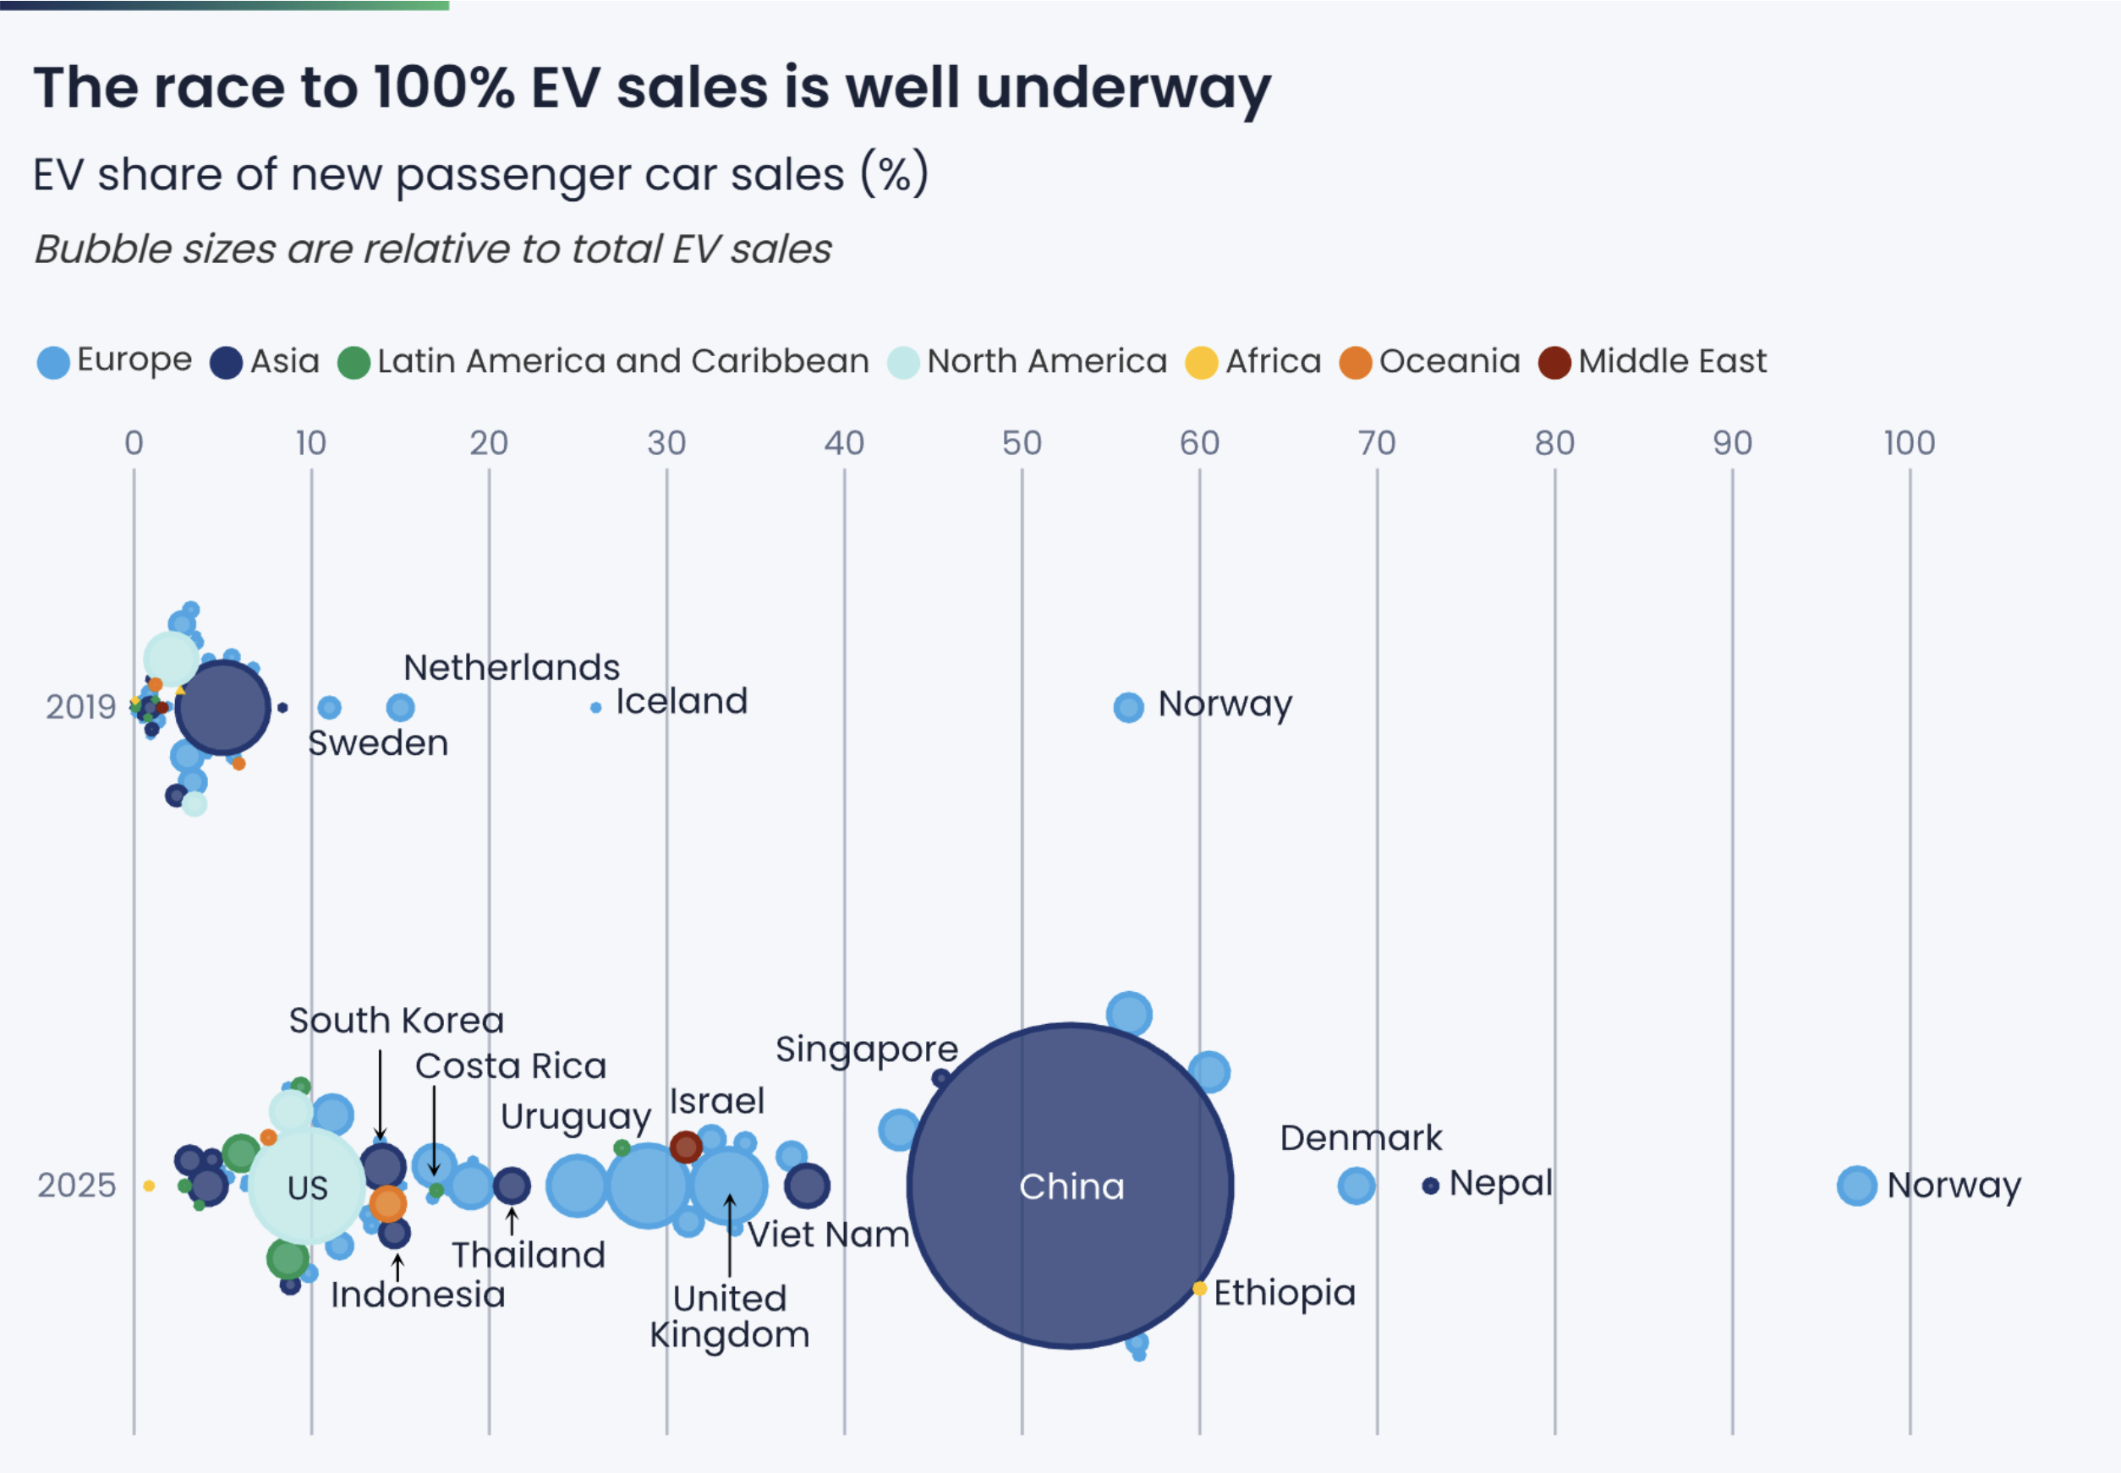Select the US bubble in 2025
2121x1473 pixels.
307,1187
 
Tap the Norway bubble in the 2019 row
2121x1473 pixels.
1128,707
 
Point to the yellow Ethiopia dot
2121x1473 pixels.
1199,1288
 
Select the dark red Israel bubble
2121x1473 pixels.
686,1147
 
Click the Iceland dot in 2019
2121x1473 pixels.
596,707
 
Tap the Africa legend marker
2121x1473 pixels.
1201,363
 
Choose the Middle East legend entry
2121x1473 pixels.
1652,362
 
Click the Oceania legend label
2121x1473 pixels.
1449,361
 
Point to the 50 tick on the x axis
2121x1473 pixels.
1022,444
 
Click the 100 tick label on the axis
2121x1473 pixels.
1909,444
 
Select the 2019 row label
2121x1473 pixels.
81,707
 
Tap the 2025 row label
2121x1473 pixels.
77,1185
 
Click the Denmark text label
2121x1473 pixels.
1361,1138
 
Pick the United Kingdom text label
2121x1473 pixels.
729,1316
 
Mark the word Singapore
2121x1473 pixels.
867,1049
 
